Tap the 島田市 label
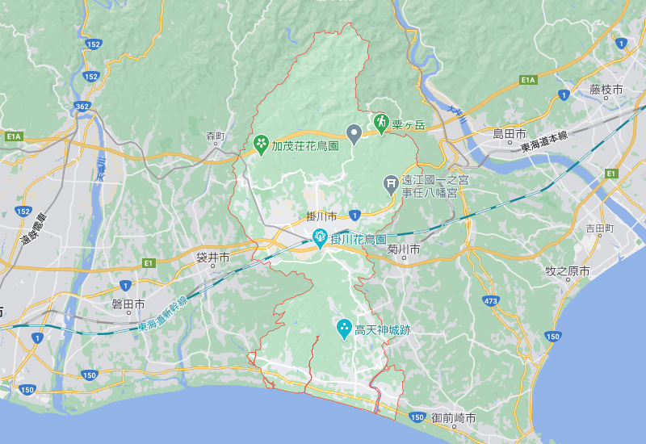(x=510, y=133)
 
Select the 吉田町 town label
(x=600, y=229)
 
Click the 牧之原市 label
(x=568, y=271)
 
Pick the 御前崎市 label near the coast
(x=453, y=418)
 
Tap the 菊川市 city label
(x=403, y=250)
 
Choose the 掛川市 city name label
(x=321, y=216)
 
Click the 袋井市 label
(x=213, y=258)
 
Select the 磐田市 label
(x=128, y=304)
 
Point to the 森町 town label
(x=215, y=136)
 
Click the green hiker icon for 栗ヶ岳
(x=380, y=123)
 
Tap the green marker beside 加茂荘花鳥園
(x=262, y=145)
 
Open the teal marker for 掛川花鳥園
(x=320, y=237)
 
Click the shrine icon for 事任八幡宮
(x=391, y=184)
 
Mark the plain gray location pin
(x=354, y=132)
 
